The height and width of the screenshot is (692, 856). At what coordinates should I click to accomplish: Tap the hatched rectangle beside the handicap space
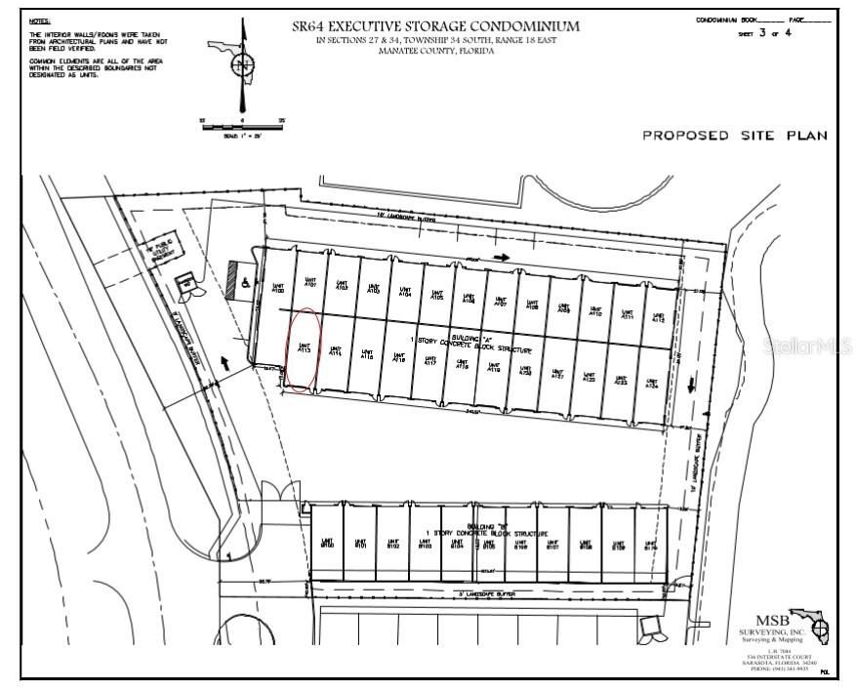click(x=232, y=279)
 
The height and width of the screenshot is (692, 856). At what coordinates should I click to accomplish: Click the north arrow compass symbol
click(x=242, y=65)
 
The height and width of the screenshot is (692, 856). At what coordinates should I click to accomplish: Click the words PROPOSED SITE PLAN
click(x=734, y=136)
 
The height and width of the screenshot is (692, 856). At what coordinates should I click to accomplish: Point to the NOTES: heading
click(x=40, y=20)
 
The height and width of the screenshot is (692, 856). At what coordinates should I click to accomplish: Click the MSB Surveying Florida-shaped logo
click(x=810, y=626)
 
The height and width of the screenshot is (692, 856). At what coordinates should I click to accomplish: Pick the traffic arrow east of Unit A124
click(x=691, y=386)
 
